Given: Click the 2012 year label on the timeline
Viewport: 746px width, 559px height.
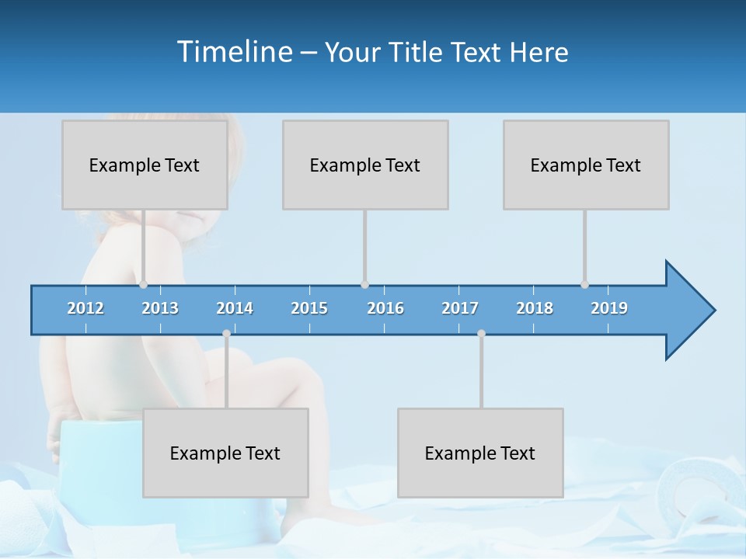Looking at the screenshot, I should pos(85,308).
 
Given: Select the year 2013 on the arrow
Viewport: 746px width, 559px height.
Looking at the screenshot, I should pos(160,308).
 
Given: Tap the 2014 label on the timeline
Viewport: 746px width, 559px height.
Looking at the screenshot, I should pos(235,308).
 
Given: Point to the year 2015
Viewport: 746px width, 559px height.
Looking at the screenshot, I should pos(309,308).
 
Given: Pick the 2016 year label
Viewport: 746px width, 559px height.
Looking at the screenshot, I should pos(385,308).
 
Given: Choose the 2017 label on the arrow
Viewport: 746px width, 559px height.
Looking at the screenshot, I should pos(460,308).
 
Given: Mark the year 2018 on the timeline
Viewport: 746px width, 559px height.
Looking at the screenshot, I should pos(535,308).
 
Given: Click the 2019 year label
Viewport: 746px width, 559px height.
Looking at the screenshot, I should pos(609,308).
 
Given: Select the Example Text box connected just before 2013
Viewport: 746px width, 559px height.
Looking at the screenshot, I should pos(145,165).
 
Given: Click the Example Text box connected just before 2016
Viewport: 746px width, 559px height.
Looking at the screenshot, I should pos(365,165).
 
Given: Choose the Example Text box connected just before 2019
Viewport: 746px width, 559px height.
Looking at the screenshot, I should pos(586,165).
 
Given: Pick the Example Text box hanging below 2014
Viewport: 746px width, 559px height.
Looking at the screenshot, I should pos(225,453).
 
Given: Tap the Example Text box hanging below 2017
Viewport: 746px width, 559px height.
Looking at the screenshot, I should pos(480,453).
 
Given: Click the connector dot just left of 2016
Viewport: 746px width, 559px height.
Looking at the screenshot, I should pos(364,285).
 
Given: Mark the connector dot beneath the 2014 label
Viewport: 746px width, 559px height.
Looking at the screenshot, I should pos(226,333).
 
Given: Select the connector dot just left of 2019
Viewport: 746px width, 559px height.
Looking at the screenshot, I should pos(584,285).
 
